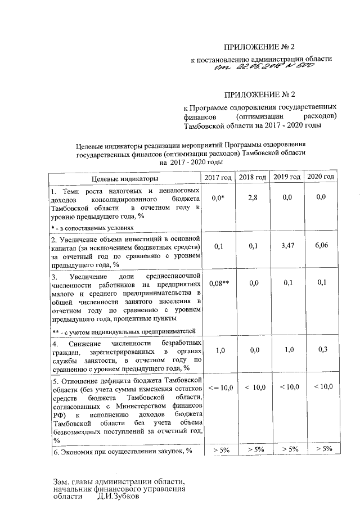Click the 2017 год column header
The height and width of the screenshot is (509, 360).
(218, 178)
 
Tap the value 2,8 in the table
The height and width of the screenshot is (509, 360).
(252, 197)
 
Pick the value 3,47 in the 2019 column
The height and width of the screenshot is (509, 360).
(287, 246)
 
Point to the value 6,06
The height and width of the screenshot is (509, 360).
(321, 246)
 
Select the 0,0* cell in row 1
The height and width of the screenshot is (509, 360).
(218, 198)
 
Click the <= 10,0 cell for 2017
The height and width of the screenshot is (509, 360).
(218, 388)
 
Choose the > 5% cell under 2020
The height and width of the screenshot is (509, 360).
(321, 449)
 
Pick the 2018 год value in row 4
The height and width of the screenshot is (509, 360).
(252, 350)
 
